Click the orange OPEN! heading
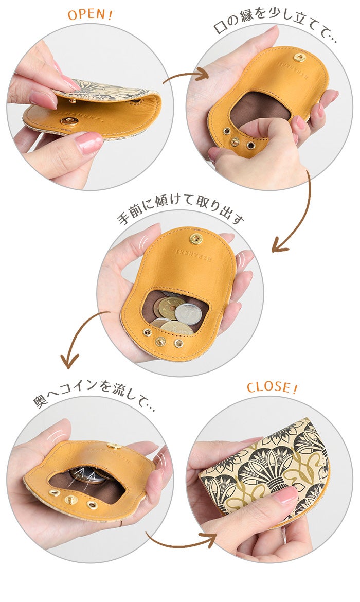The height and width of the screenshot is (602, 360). (x=90, y=15)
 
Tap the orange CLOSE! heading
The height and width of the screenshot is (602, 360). (x=272, y=387)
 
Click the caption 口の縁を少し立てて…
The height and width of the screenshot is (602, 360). (x=275, y=29)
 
